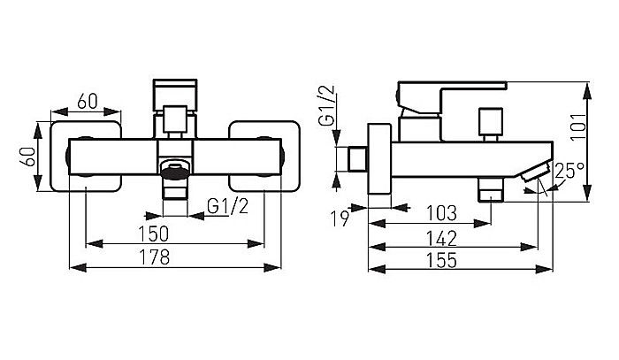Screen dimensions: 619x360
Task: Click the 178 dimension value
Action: coord(155,257)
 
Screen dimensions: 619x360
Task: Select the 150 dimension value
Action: coord(154,234)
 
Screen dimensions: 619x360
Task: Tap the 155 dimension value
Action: coord(441,261)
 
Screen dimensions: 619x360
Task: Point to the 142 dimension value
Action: coord(441,239)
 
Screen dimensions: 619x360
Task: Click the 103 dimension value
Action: coord(442,213)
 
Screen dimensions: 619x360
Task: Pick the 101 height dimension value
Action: coord(578,126)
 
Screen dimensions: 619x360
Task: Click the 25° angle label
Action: coord(569,172)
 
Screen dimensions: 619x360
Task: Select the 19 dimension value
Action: coord(340,218)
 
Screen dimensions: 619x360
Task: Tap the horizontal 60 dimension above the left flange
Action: coord(88,102)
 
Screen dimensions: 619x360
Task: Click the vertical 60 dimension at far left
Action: coord(28,157)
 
